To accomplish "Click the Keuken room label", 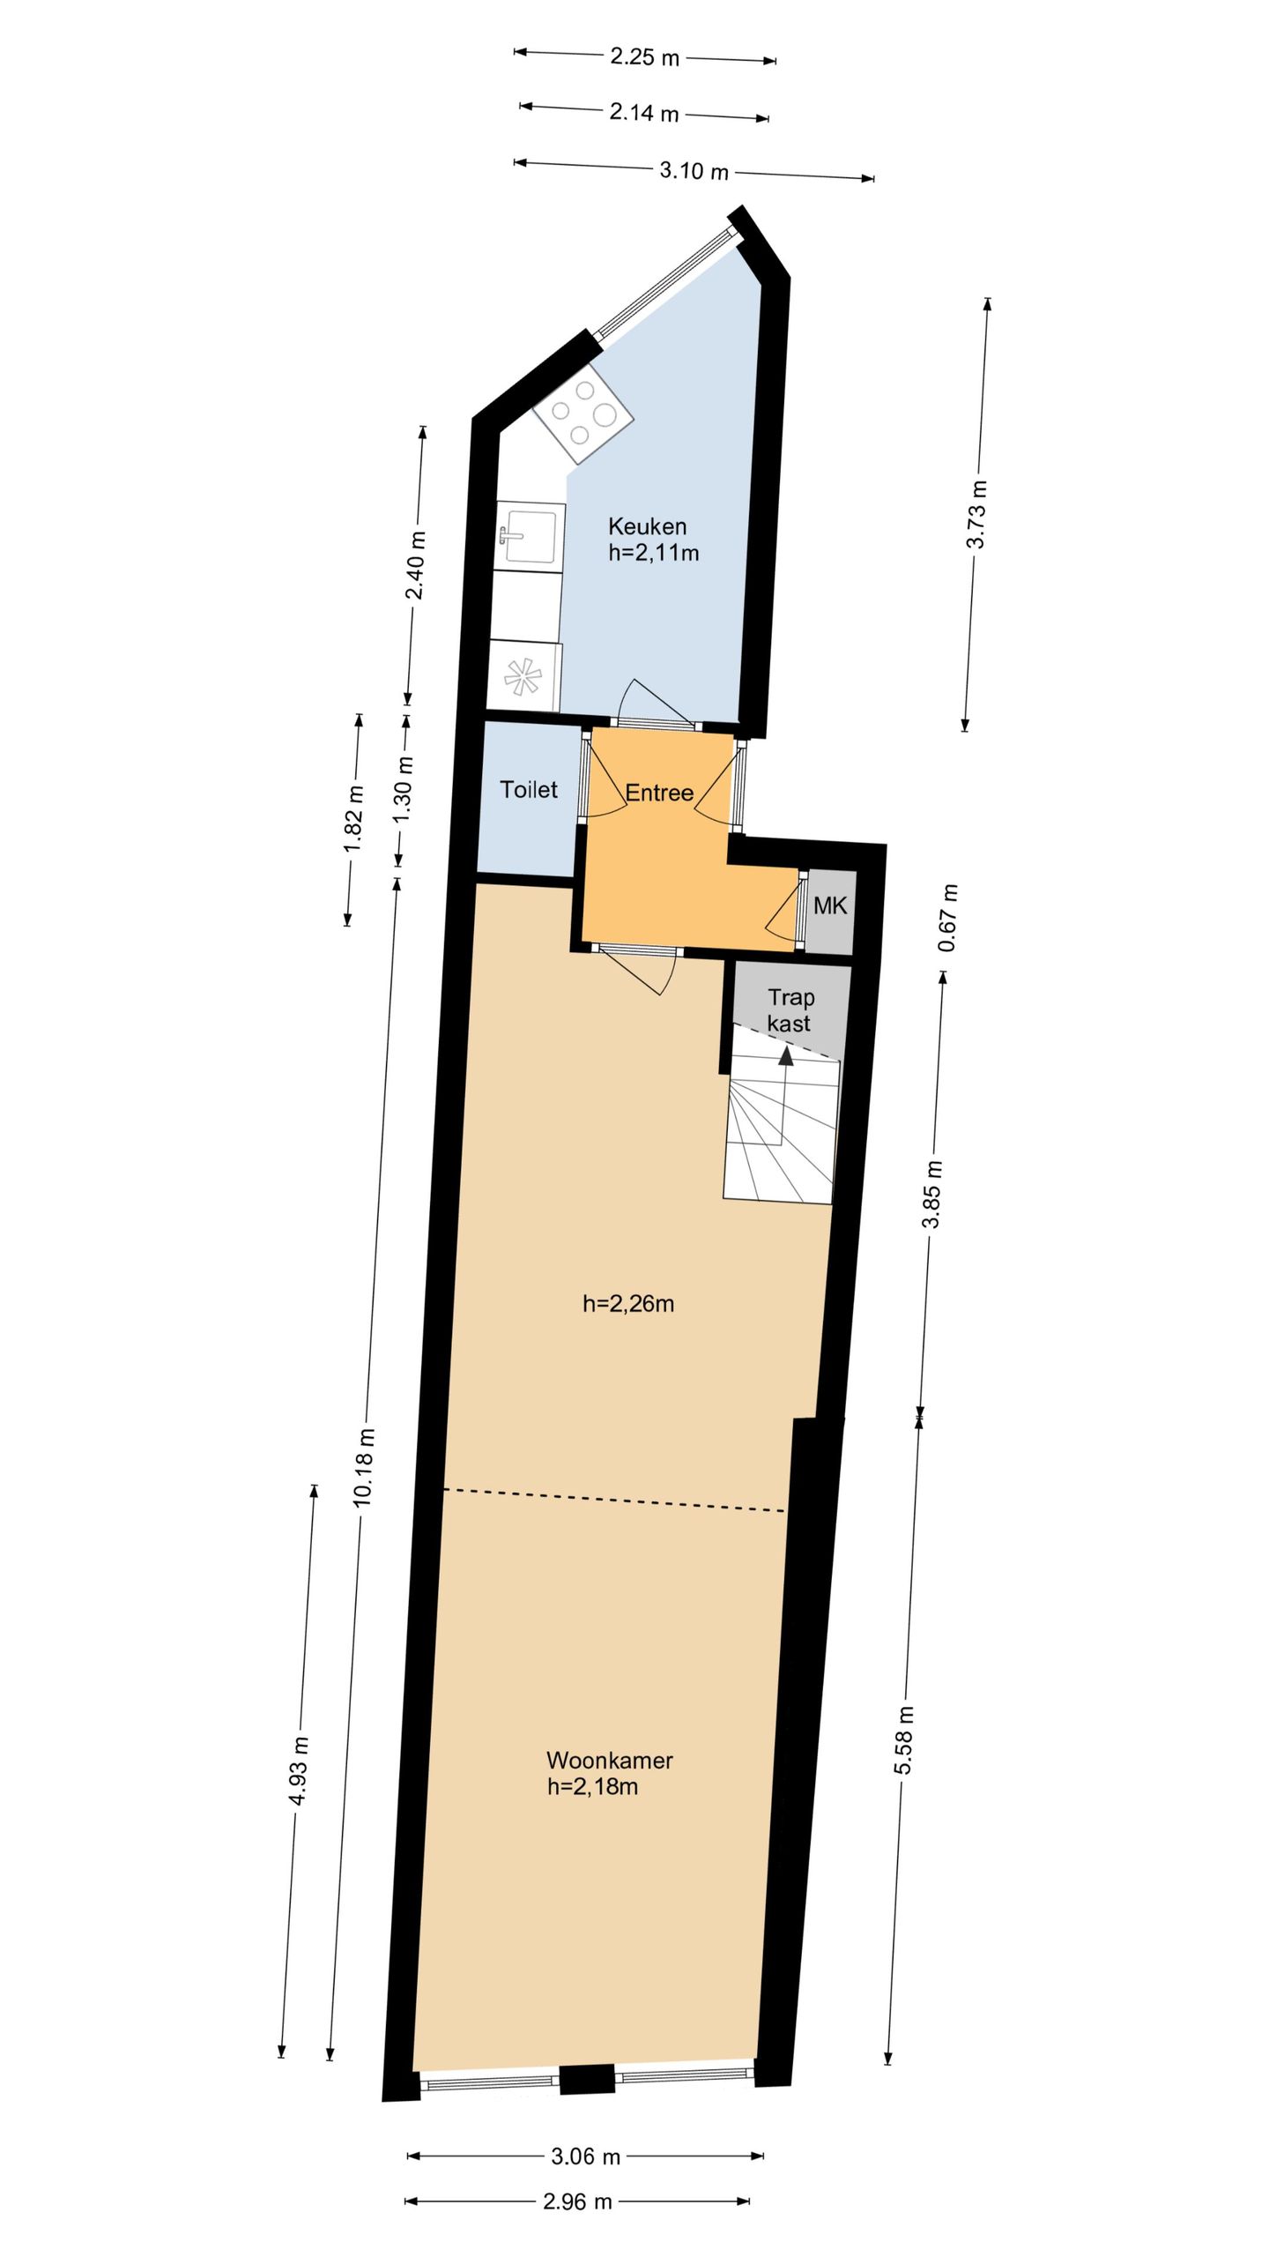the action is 647,527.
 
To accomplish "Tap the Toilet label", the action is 529,789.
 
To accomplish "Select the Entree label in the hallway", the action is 659,793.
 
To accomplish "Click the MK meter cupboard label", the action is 830,905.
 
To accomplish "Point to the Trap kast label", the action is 790,1010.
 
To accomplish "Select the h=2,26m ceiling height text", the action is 628,1303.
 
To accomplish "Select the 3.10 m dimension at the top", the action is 694,171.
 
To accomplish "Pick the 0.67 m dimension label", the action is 948,918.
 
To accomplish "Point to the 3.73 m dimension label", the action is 976,514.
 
